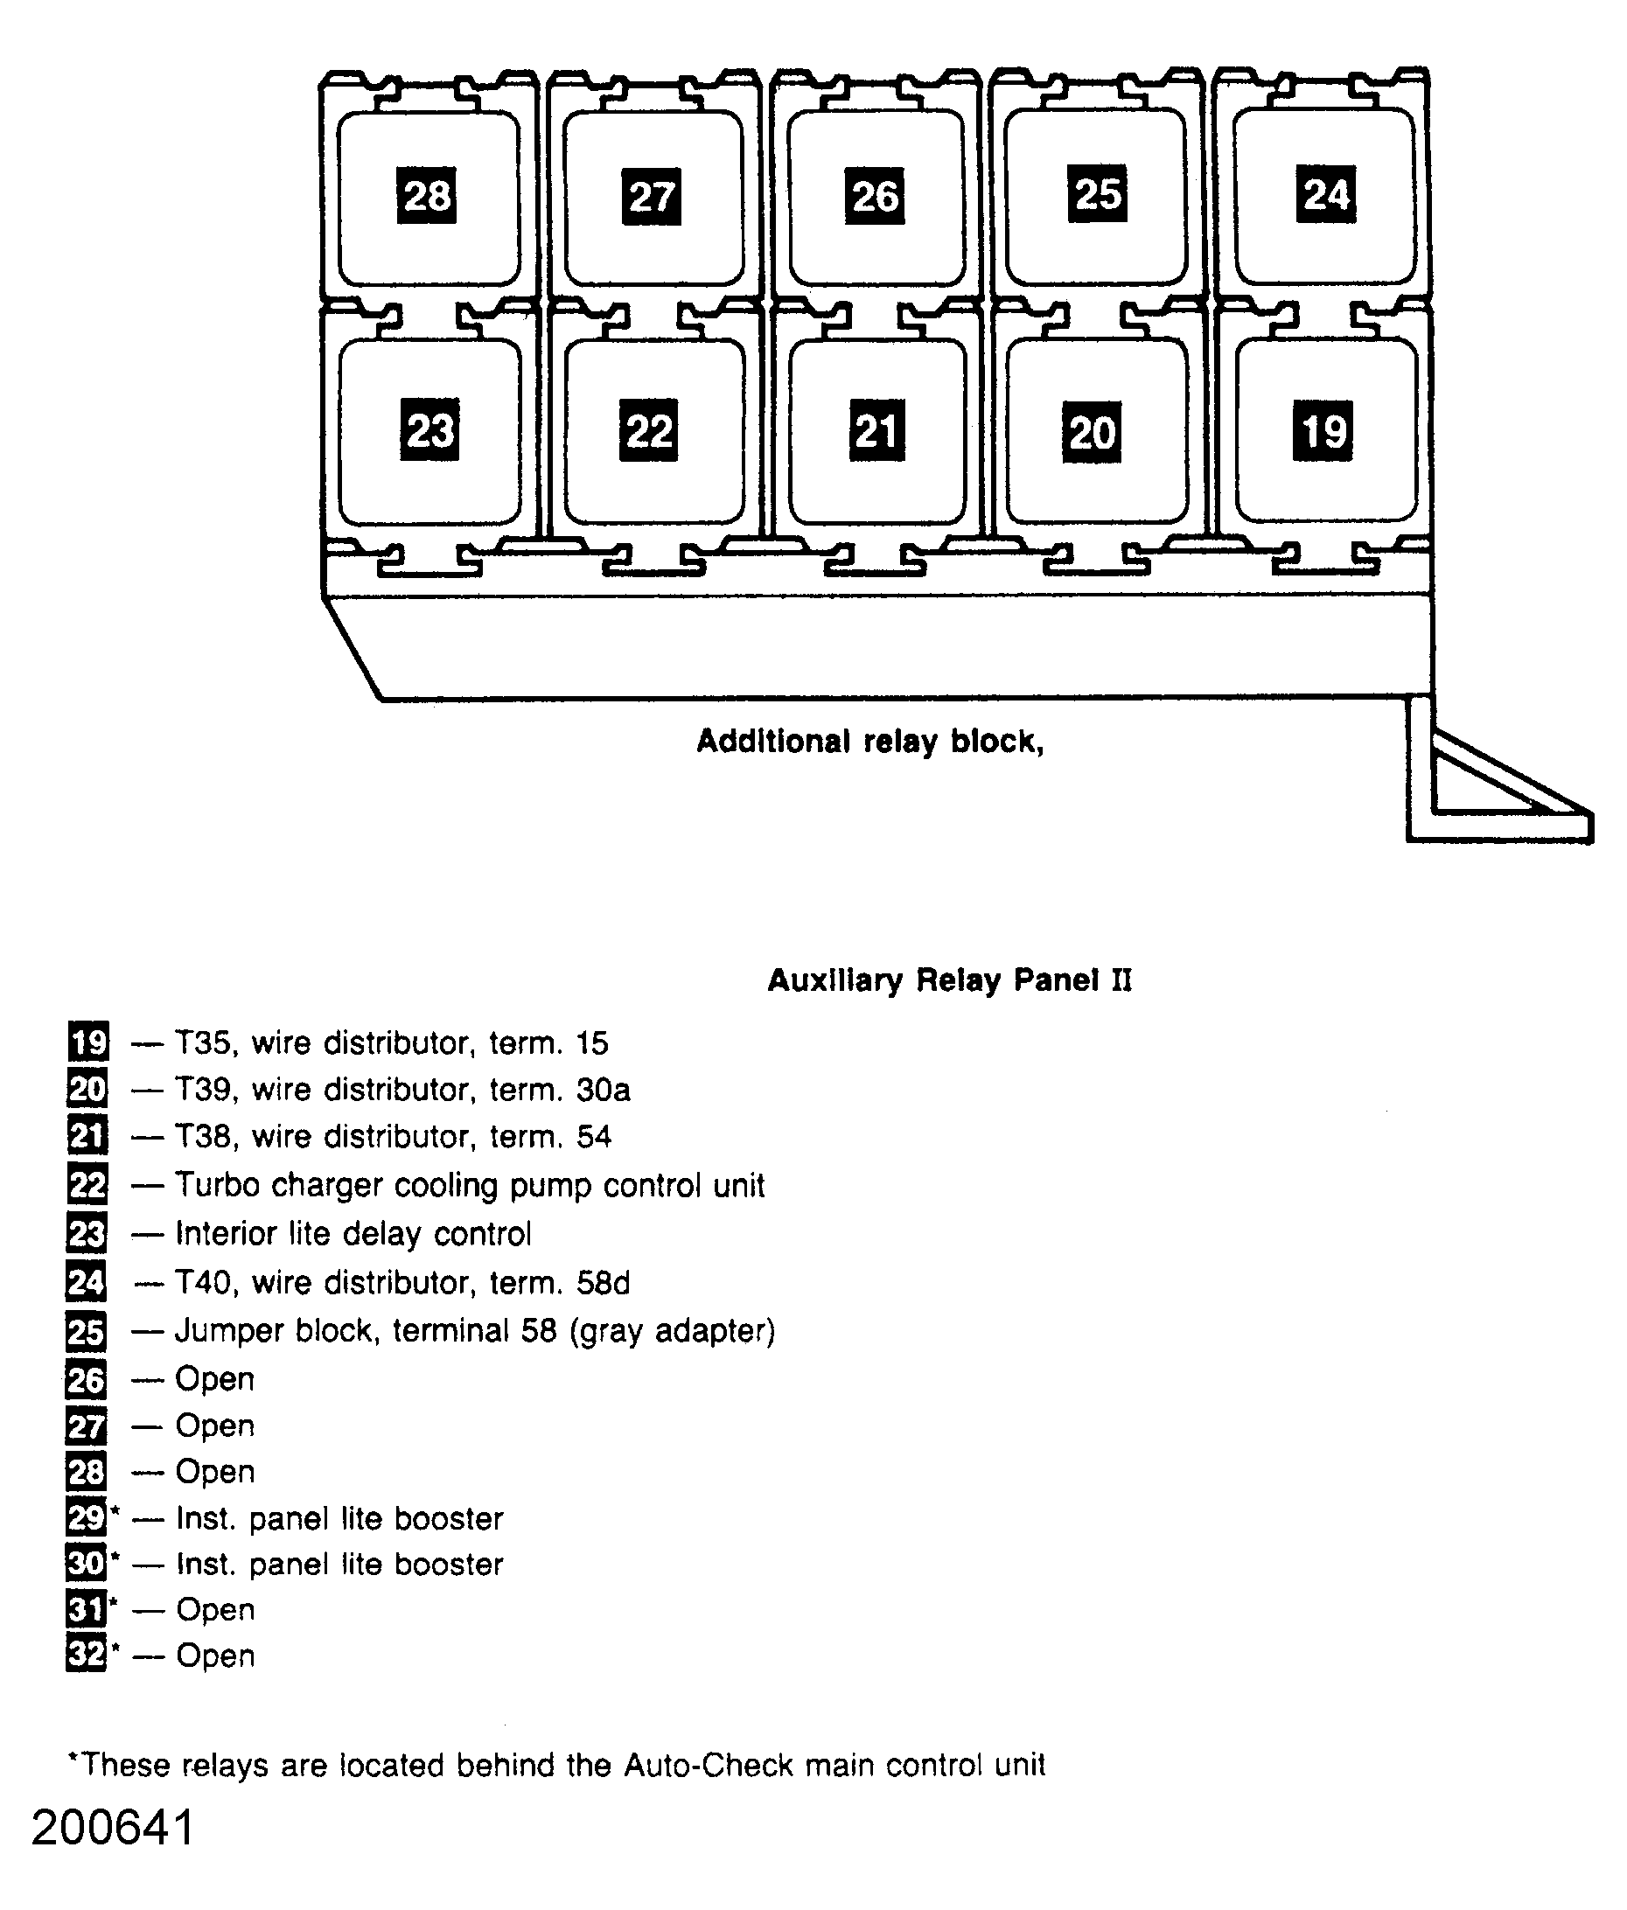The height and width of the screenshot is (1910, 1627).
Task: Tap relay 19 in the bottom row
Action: [1323, 430]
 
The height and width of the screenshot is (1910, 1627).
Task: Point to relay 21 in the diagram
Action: [876, 430]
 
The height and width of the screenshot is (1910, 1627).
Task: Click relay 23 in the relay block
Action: [429, 430]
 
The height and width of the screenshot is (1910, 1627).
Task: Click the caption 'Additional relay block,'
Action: [869, 741]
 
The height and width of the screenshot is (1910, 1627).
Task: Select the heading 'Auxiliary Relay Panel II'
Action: [948, 979]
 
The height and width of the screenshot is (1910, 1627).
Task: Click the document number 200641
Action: [114, 1828]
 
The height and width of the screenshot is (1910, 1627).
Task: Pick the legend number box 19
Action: [88, 1042]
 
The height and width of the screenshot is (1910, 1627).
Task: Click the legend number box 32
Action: [87, 1655]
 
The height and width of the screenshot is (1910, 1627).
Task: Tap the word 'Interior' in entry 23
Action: [226, 1233]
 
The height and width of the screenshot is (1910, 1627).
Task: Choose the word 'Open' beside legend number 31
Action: [215, 1609]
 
